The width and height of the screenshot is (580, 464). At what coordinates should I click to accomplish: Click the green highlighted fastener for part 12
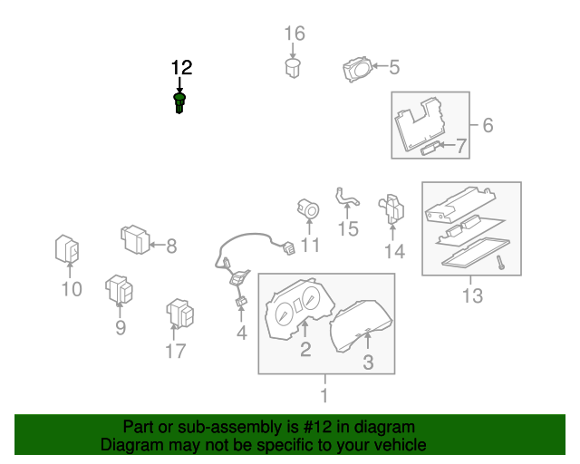click(x=179, y=101)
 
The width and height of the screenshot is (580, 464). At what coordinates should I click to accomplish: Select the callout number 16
click(x=295, y=34)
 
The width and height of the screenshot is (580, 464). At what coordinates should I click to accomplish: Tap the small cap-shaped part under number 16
click(x=292, y=69)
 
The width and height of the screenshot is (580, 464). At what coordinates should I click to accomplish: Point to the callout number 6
click(x=487, y=124)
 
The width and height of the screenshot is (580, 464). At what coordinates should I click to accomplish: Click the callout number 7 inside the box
click(x=459, y=145)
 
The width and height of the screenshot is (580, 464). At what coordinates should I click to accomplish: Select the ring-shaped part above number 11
click(x=309, y=211)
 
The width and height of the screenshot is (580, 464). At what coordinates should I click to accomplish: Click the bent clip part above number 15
click(x=345, y=198)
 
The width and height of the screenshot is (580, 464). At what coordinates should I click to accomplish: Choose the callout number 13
click(x=472, y=295)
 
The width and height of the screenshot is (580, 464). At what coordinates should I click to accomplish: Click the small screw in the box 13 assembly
click(x=499, y=262)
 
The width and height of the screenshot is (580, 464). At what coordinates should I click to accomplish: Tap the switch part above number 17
click(x=179, y=314)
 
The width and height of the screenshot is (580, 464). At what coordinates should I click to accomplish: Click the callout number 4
click(x=242, y=333)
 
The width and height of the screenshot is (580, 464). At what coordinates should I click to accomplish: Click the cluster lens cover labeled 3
click(x=363, y=325)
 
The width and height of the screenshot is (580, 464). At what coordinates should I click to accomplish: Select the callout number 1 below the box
click(x=324, y=395)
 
